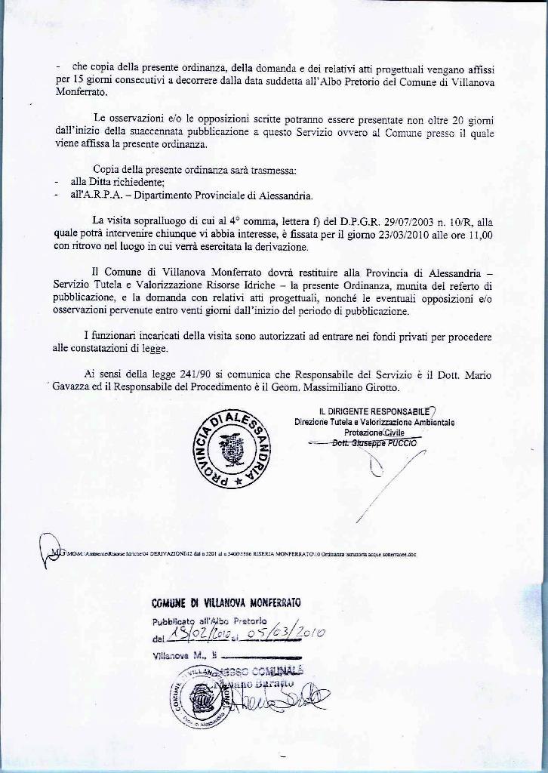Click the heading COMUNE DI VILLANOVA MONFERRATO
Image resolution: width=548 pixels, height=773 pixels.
pyautogui.click(x=226, y=602)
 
